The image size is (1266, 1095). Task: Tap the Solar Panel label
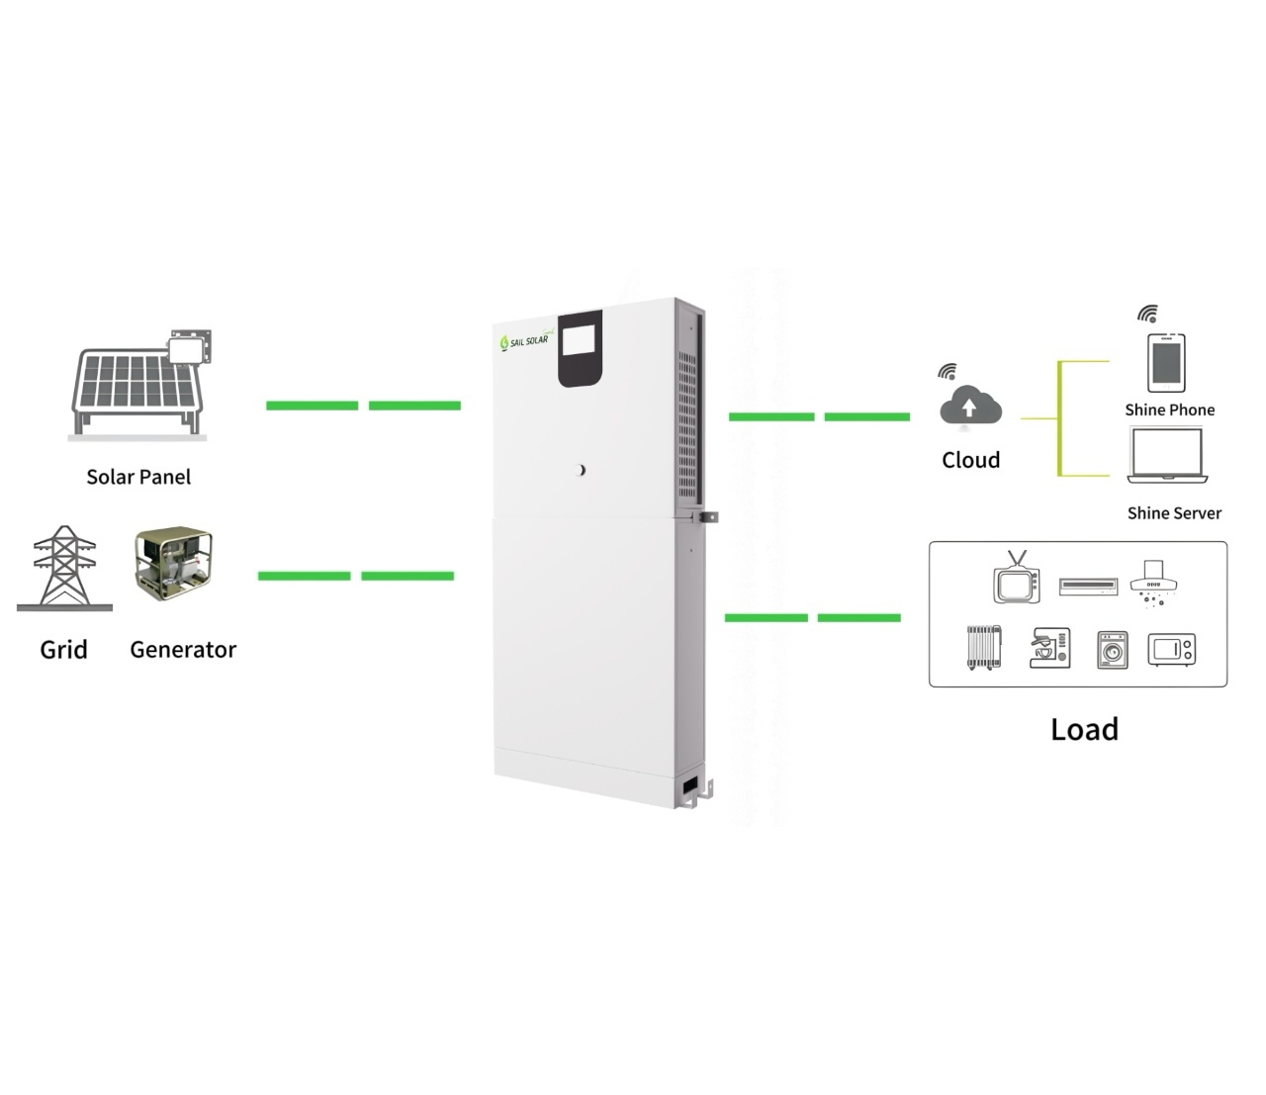coord(138,477)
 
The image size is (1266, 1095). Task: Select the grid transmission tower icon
coord(65,568)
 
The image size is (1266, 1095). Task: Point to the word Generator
coord(183,650)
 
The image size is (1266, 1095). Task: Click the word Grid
coord(63,650)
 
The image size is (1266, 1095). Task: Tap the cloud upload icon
coord(970,407)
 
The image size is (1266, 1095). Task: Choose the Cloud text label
coord(970,460)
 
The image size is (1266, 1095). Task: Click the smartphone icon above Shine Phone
coord(1166,363)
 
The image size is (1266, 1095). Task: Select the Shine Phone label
coord(1169,410)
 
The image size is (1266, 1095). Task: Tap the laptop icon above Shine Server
coord(1167,457)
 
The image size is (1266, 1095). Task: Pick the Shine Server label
coord(1174,513)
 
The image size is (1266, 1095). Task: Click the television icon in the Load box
coord(1016,580)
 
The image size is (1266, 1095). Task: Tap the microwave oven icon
coord(1172,650)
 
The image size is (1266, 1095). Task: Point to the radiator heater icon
coord(983,648)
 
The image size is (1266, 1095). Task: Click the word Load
coord(1084,730)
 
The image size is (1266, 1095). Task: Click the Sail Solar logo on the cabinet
coord(525,339)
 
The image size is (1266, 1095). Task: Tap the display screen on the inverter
coord(581,346)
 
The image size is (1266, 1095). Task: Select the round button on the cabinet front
coord(582,470)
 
